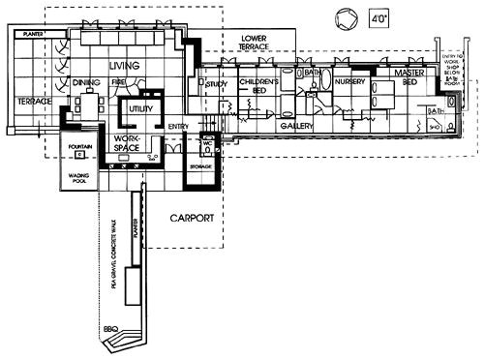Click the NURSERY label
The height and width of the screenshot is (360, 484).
[x=349, y=82]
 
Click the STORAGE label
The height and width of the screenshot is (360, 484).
[x=200, y=166]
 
